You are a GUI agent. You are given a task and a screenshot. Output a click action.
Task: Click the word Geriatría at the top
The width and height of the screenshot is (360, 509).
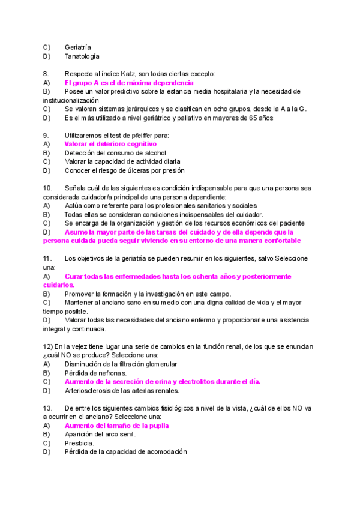coord(78,47)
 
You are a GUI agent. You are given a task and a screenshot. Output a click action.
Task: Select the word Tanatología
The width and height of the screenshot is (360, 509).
coord(82,56)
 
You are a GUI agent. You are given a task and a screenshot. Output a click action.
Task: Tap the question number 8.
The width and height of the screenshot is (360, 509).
coord(46,74)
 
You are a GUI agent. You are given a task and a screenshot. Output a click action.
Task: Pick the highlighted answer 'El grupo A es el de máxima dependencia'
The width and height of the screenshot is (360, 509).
coord(128,82)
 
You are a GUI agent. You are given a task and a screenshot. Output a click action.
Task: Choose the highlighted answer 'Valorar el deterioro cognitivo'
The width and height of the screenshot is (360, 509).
coord(110,144)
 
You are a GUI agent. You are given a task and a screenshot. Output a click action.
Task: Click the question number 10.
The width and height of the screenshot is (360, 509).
coord(48,188)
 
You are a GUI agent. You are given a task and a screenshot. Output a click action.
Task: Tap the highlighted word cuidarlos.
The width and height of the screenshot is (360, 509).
coord(59,285)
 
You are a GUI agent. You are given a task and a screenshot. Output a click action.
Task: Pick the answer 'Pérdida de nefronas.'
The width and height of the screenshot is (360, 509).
coord(95,373)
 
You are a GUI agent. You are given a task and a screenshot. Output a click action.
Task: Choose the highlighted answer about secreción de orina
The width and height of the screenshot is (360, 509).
coord(162,382)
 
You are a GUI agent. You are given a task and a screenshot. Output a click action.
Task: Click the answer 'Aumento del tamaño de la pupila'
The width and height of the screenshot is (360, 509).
coord(116,426)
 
